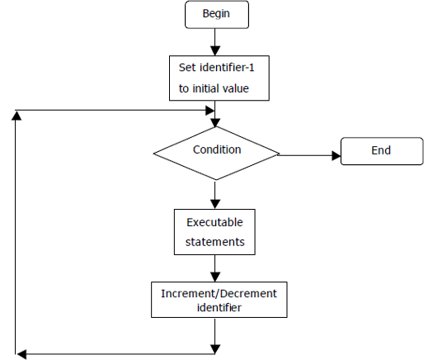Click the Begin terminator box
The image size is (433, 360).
click(217, 15)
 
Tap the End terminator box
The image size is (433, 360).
click(382, 151)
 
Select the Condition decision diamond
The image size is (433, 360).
click(216, 154)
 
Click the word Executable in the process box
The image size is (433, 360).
click(214, 222)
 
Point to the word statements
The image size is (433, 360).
click(214, 242)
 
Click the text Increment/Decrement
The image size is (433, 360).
click(219, 294)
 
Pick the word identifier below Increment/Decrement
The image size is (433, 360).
click(219, 307)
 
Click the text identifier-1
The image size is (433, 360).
click(227, 68)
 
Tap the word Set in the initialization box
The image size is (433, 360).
click(187, 68)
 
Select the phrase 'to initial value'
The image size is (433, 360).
click(214, 88)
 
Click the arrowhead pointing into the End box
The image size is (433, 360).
click(337, 155)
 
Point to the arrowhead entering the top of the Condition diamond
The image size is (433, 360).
click(215, 123)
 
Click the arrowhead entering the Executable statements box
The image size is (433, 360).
click(215, 204)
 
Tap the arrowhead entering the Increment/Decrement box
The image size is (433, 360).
click(215, 277)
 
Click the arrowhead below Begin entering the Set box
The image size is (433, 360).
click(215, 51)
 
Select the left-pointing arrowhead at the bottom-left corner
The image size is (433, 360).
click(21, 354)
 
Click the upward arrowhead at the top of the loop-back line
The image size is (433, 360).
click(16, 116)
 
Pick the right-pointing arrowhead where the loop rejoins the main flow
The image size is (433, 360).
click(210, 111)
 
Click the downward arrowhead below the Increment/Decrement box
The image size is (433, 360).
click(215, 349)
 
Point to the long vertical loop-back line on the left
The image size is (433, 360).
click(16, 232)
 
